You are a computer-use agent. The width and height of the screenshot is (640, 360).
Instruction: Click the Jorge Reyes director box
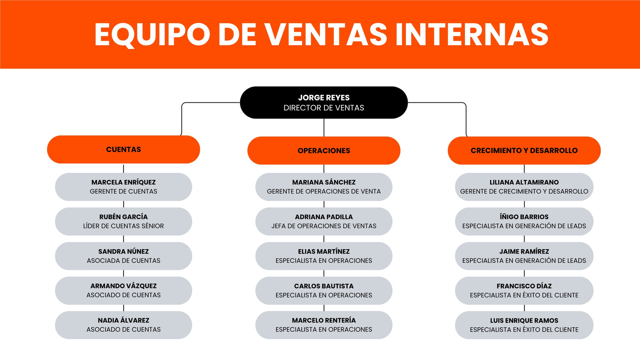[324, 102]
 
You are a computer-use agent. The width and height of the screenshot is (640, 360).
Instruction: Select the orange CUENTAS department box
[124, 150]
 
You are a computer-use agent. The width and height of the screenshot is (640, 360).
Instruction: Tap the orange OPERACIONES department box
[324, 150]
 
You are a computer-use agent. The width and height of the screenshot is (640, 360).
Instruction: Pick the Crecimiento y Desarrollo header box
[524, 150]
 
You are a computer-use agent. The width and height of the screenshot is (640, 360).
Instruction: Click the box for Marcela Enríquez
[124, 187]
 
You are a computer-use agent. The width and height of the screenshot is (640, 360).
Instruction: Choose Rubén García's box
[124, 222]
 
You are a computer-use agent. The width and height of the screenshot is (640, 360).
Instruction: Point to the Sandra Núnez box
[124, 256]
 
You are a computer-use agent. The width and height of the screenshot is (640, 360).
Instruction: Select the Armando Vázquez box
[124, 290]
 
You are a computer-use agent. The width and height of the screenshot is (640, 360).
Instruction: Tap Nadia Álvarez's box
[124, 325]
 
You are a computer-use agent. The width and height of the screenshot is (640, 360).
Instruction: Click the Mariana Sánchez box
[324, 187]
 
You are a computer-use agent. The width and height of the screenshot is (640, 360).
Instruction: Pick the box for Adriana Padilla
[324, 222]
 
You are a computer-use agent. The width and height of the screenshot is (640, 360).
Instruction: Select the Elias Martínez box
[324, 256]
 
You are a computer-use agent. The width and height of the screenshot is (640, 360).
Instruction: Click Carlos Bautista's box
[324, 290]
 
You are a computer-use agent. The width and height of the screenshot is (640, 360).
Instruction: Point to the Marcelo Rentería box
[324, 325]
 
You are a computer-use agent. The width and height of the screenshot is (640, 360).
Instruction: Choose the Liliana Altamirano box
[524, 187]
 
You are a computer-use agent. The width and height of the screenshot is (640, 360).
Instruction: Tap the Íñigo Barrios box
[524, 222]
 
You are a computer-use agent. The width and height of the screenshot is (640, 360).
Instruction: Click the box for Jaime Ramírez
[524, 256]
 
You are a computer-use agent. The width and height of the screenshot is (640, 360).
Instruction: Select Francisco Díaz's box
[524, 290]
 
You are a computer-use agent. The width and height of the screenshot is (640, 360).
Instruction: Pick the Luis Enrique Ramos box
[524, 325]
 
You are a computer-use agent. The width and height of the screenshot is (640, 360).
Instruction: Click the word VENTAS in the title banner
[326, 34]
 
